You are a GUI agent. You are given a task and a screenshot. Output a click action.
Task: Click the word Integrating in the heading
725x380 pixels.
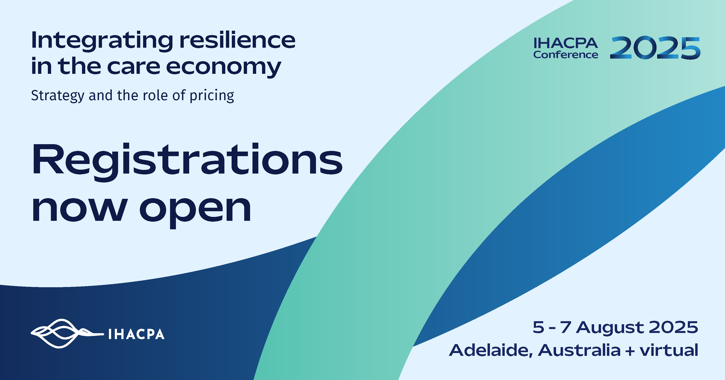tap(102, 41)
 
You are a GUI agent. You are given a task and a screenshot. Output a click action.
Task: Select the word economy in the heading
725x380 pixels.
tap(224, 67)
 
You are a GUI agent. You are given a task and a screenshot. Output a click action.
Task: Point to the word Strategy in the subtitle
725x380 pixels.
tap(58, 96)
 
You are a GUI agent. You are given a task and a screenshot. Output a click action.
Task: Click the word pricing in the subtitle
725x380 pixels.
tap(212, 96)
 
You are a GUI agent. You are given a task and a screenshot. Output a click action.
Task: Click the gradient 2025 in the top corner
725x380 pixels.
tap(655, 48)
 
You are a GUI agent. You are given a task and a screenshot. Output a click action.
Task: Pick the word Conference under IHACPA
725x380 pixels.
tap(566, 55)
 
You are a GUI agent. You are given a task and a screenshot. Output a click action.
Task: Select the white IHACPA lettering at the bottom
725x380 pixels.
tap(136, 334)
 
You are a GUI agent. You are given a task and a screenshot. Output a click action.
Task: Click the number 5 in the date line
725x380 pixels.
tap(538, 327)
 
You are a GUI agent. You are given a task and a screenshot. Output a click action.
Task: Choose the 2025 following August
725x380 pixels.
tap(673, 327)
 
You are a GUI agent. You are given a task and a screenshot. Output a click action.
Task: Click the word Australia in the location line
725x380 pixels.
tap(580, 350)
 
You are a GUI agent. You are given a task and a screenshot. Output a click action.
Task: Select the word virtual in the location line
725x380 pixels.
tap(669, 350)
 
